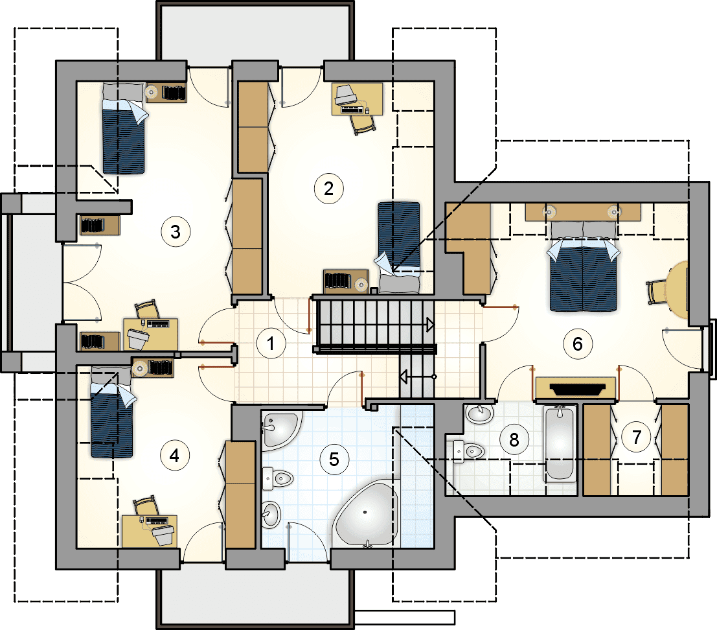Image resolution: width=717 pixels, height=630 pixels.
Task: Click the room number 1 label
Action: (x=271, y=343)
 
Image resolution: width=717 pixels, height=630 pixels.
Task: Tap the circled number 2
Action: (x=329, y=189)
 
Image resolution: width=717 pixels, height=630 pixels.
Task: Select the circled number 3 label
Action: (x=176, y=232)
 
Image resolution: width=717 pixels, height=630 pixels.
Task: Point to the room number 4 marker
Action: (x=175, y=456)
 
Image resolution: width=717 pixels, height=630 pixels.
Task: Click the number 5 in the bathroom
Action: (x=334, y=460)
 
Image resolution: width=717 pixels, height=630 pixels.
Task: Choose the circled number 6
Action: (x=578, y=344)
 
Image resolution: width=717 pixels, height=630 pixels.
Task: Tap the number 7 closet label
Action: (x=637, y=437)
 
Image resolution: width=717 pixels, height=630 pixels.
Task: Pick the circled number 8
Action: (x=514, y=439)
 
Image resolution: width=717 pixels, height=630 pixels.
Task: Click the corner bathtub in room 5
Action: (x=366, y=513)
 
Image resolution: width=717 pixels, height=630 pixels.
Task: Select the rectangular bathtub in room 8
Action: (x=560, y=443)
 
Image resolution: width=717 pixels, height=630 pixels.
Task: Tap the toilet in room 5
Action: (x=278, y=478)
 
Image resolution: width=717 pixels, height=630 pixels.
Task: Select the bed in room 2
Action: (x=399, y=247)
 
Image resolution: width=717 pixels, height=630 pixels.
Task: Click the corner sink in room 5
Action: (x=280, y=428)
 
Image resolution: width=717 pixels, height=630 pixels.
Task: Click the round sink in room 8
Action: (x=479, y=414)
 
